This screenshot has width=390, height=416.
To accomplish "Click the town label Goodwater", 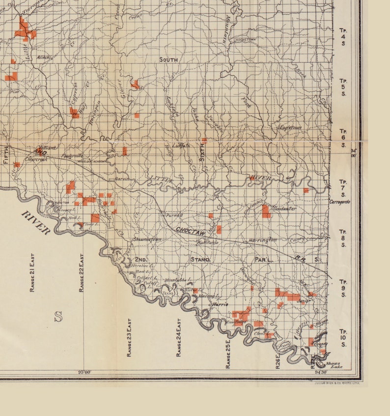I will pos(284,208).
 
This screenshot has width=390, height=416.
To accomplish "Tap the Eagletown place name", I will pos(290,127).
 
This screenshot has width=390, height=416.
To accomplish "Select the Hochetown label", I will pos(246,39).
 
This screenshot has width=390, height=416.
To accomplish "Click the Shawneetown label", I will pos(147,239).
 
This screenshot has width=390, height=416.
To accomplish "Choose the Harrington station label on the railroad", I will pos(262,240).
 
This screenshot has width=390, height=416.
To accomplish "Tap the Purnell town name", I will pos(174,215).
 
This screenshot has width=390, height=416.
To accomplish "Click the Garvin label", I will pos(122,179).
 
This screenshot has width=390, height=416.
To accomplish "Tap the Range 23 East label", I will pos(129,337).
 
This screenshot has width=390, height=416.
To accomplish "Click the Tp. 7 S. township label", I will pos(343,188).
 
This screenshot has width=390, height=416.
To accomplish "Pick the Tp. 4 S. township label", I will pos(343,37).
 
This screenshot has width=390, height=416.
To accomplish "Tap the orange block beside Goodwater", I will pos(266,211).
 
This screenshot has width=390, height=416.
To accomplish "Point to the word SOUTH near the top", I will pos(168,59).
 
